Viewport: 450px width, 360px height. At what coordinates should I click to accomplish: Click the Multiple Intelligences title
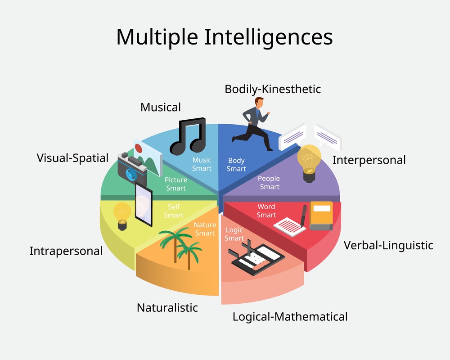coord(224,37)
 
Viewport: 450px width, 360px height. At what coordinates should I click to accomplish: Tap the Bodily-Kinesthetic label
coord(273,89)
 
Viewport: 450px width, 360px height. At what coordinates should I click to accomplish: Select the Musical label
coord(161,107)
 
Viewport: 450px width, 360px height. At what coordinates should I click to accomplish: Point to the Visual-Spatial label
coord(72,158)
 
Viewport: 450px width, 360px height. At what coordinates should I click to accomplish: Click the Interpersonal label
coord(369,160)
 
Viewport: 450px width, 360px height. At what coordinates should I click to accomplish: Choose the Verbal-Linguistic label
coord(388,245)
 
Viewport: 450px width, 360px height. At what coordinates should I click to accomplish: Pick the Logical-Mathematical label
coord(290,316)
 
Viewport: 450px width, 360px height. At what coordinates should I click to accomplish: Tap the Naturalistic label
coord(167,308)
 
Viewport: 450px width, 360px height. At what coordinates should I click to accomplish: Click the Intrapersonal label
coord(66,251)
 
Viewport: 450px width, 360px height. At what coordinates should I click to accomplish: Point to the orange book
coord(321,215)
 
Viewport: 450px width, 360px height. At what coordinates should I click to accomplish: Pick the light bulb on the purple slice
coord(309,162)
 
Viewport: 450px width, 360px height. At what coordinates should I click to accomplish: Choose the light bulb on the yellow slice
coord(122,215)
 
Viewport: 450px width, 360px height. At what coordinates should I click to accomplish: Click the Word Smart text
coord(266,211)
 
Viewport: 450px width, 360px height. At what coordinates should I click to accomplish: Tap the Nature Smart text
coord(205,229)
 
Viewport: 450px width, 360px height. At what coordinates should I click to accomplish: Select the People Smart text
coord(269,183)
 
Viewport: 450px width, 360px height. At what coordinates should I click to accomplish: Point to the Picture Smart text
coord(175,184)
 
